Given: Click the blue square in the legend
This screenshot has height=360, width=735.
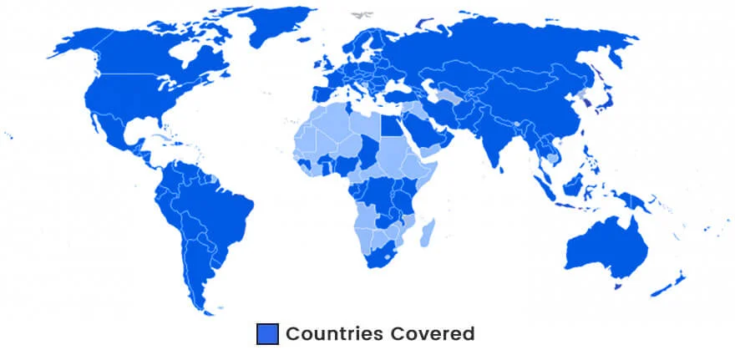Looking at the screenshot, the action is coord(266,334).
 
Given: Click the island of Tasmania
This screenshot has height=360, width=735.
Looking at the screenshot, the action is coord(619,286).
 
